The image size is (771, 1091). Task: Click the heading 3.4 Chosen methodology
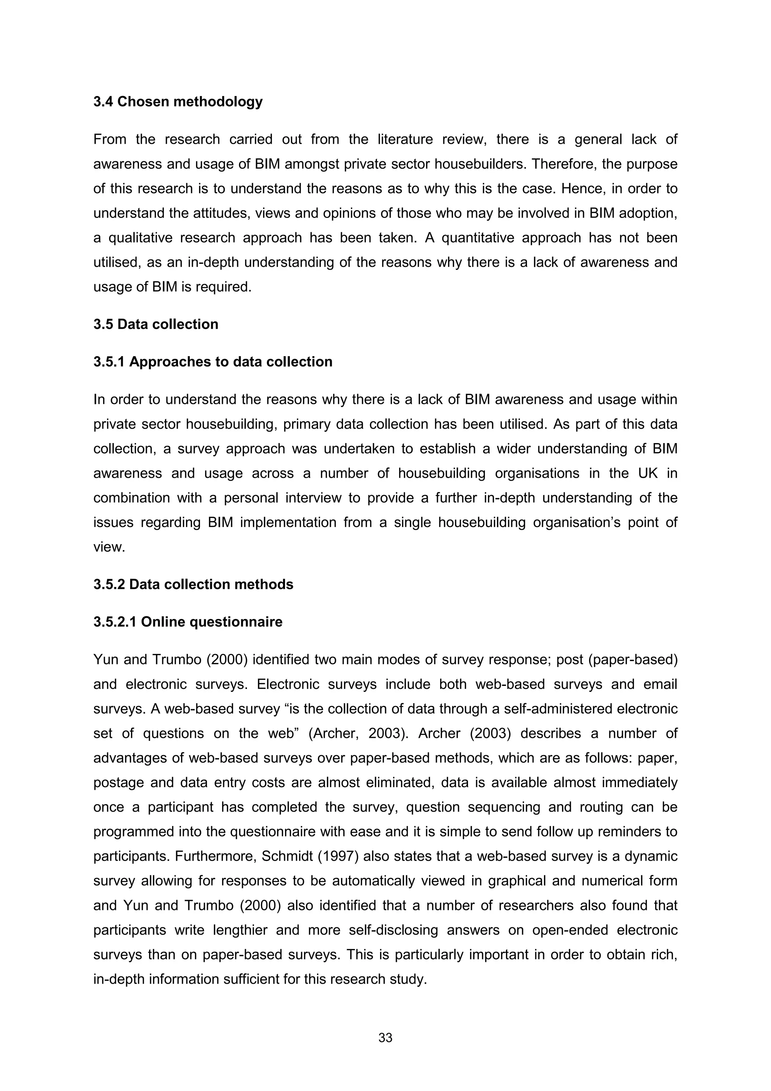[x=178, y=102]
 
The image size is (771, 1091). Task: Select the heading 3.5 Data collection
[x=156, y=324]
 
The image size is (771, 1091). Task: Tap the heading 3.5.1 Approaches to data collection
[x=213, y=362]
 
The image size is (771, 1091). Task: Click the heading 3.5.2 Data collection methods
[x=194, y=584]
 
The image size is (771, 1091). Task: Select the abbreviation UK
[x=648, y=473]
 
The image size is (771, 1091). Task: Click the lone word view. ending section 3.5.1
[x=109, y=547]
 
